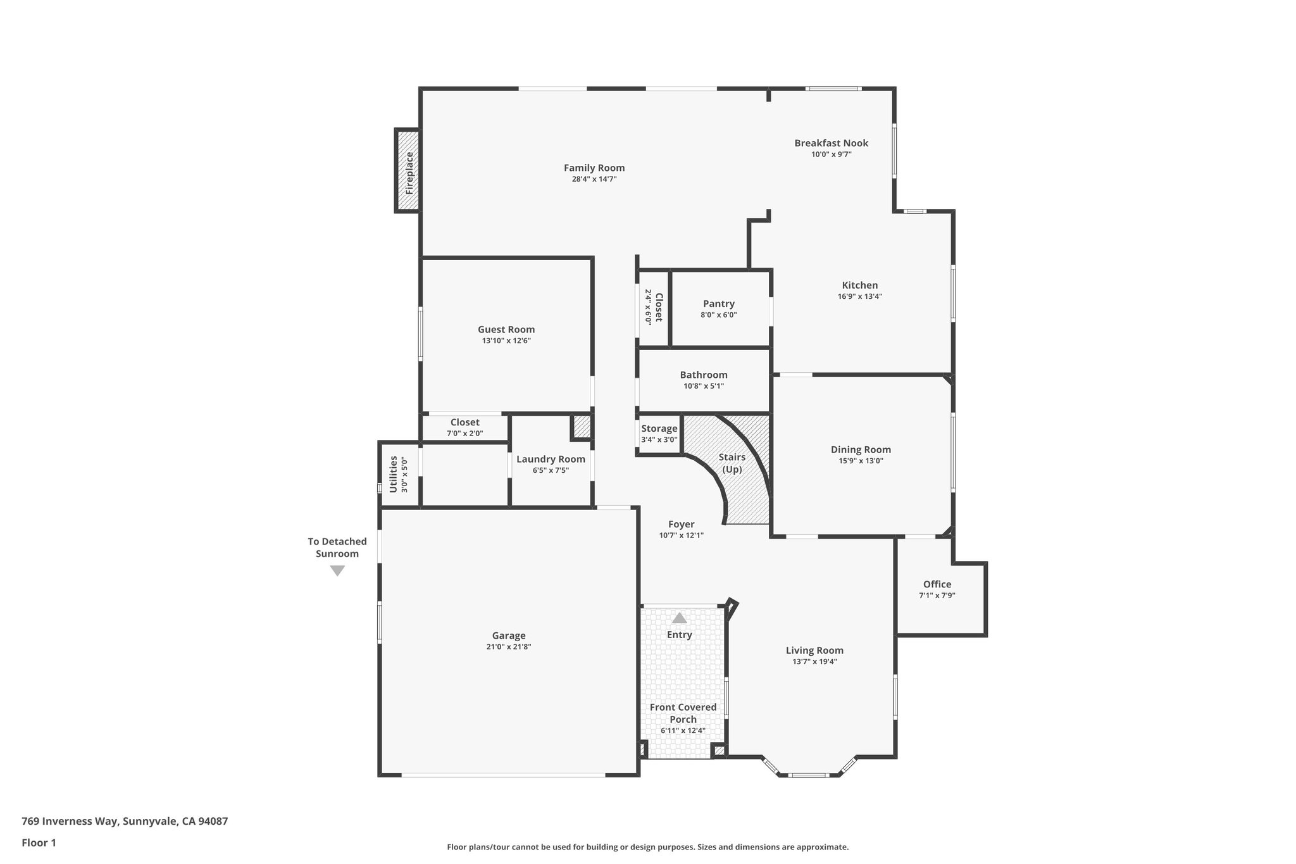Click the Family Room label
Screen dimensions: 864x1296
594,168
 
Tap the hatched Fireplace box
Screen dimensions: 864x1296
408,172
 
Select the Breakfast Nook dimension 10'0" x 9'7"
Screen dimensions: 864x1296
831,154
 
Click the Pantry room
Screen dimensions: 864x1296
719,309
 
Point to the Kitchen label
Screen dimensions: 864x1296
859,285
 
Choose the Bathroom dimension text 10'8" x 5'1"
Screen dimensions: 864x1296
703,386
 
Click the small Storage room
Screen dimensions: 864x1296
659,434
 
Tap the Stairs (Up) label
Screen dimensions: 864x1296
732,463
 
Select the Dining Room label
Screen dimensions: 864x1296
861,449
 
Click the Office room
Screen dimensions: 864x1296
937,589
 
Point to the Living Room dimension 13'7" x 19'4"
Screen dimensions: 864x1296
814,661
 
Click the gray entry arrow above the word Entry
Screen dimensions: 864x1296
679,618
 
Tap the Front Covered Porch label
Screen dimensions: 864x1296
683,713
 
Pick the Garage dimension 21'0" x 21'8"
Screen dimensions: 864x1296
509,647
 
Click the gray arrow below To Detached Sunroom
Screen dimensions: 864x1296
337,571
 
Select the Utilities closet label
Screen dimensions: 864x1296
394,474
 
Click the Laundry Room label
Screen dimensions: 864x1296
551,459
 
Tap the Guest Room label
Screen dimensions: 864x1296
506,329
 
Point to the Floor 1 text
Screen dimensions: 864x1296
39,842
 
